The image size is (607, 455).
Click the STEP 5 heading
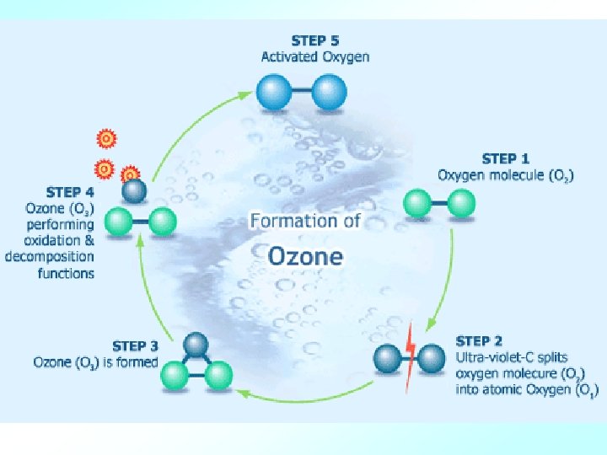pyautogui.click(x=315, y=40)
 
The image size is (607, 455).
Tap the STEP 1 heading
pyautogui.click(x=505, y=158)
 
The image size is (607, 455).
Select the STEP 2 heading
pyautogui.click(x=479, y=340)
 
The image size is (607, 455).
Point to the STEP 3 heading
pyautogui.click(x=135, y=345)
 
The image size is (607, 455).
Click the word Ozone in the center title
pyautogui.click(x=305, y=255)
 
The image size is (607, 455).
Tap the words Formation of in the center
pyautogui.click(x=305, y=222)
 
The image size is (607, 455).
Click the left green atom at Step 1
pyautogui.click(x=417, y=204)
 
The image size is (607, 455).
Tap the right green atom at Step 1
pyautogui.click(x=461, y=203)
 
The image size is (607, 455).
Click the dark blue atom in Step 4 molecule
pyautogui.click(x=133, y=192)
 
